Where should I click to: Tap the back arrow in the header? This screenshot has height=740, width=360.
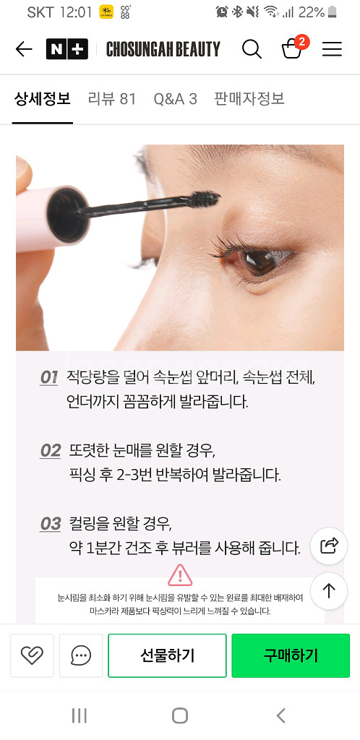[x=24, y=49]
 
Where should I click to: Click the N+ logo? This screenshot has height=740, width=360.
[x=67, y=49]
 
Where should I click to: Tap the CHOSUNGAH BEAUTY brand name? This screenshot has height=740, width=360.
[x=163, y=49]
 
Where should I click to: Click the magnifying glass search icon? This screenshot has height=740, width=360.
[x=252, y=49]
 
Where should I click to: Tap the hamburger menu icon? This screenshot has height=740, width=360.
[x=332, y=49]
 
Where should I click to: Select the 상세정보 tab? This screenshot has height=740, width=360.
[x=43, y=99]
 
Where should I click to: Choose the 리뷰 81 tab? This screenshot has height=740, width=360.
[x=112, y=99]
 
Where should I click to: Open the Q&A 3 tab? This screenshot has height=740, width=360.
[x=175, y=99]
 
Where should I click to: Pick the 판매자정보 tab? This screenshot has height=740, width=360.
[x=249, y=99]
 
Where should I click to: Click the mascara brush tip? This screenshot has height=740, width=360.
[x=205, y=199]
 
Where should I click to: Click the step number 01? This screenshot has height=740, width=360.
[x=49, y=378]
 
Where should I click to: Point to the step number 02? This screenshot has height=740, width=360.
[x=51, y=451]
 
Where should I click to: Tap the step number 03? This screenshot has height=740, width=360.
[x=51, y=525]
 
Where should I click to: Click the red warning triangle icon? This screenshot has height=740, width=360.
[x=180, y=575]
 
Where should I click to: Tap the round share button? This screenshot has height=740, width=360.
[x=330, y=546]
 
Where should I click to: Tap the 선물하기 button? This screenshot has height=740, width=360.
[x=168, y=655]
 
